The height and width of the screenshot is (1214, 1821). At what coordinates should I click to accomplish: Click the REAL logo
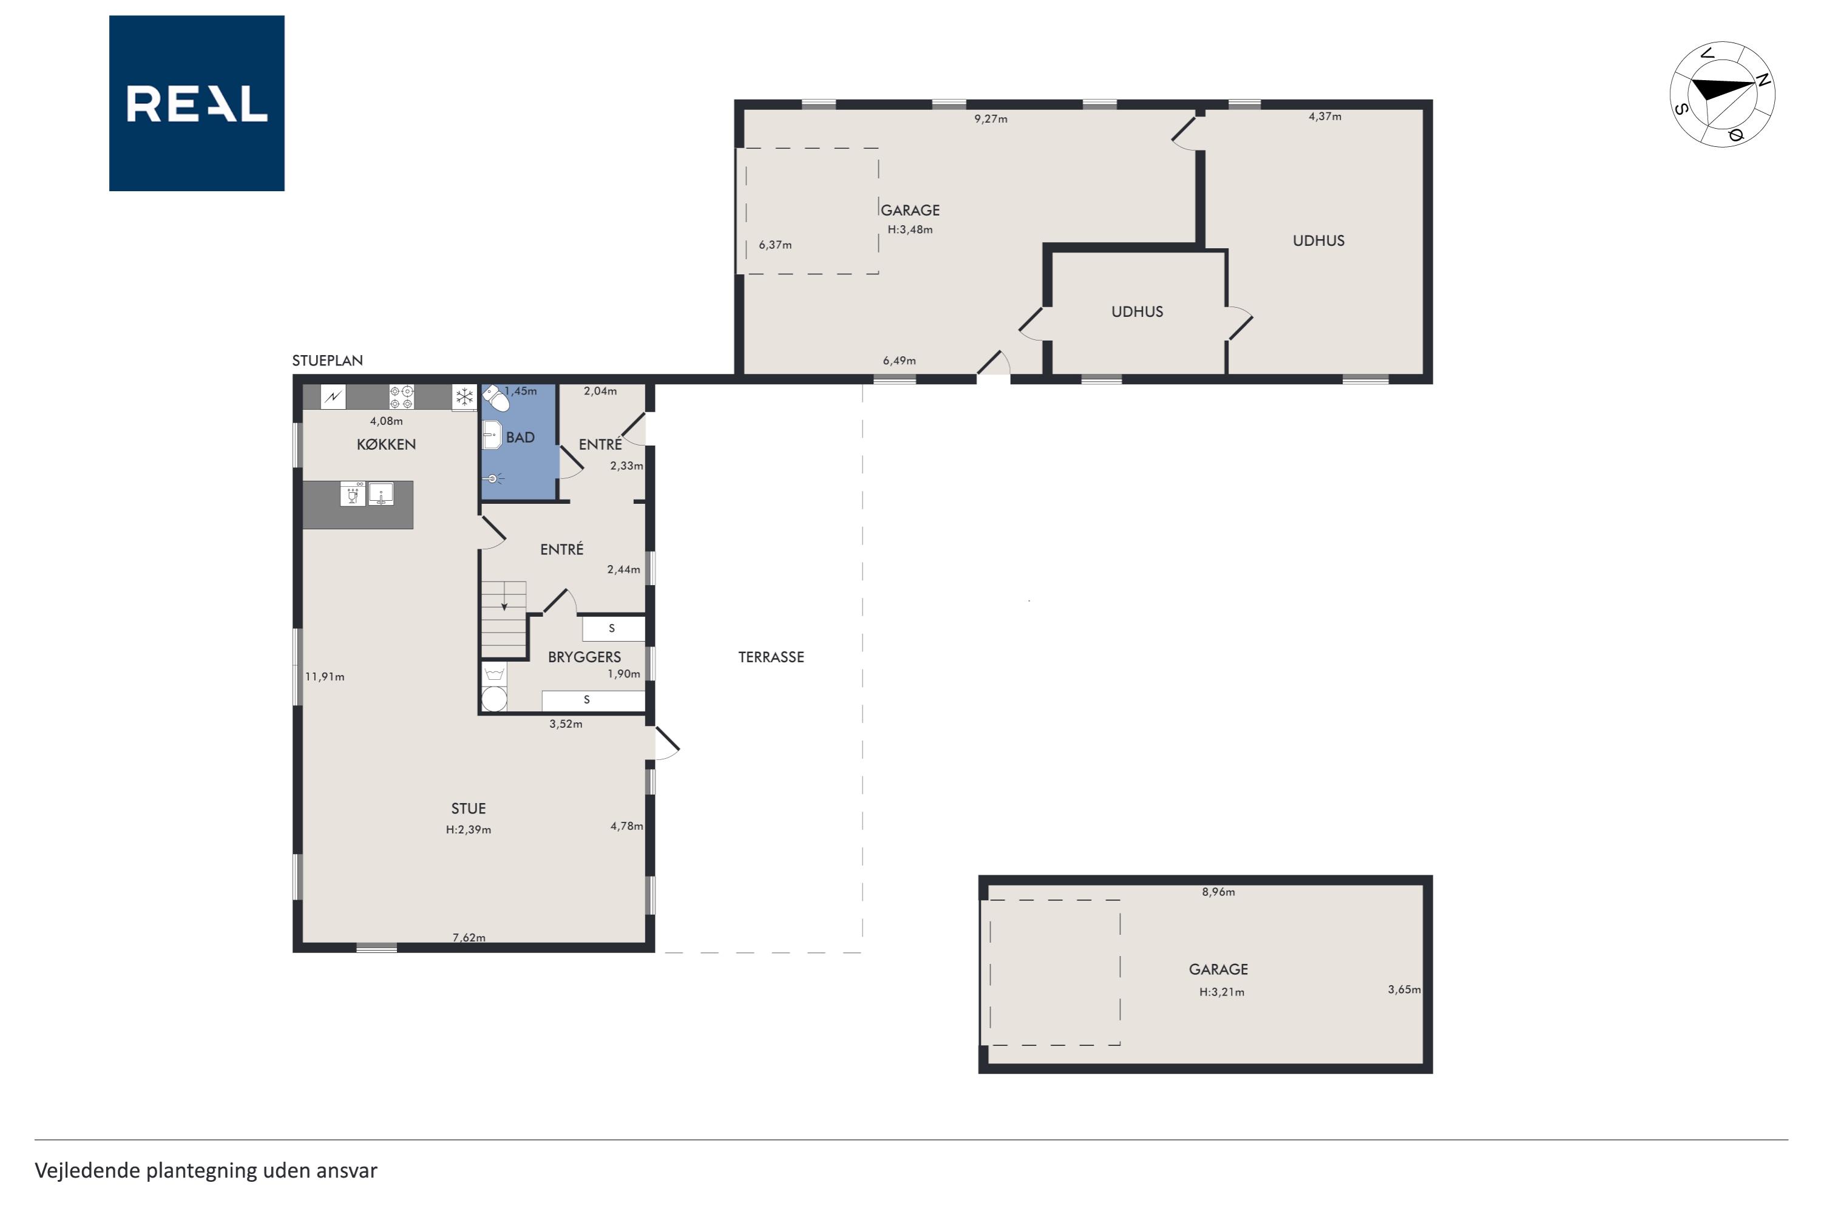[x=197, y=103]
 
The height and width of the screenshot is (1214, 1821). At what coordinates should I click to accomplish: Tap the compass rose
[x=1722, y=93]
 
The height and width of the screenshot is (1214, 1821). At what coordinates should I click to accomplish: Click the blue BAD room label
[x=520, y=438]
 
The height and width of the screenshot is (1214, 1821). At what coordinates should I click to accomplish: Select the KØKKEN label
[x=386, y=444]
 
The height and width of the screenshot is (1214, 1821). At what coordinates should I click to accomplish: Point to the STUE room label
[x=469, y=809]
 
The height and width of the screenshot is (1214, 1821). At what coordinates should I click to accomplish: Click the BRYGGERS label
[x=585, y=657]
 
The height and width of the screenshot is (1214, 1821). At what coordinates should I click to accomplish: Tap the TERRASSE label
[x=771, y=657]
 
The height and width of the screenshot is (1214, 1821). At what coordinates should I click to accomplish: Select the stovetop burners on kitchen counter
[x=401, y=397]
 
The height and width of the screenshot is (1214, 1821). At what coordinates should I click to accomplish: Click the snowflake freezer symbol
[x=464, y=397]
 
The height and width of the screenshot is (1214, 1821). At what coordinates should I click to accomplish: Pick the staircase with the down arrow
[x=504, y=619]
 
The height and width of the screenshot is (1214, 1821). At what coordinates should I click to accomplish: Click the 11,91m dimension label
[x=324, y=677]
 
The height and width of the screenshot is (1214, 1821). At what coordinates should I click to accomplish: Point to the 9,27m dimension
[x=991, y=119]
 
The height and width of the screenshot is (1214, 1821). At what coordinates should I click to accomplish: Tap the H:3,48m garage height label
[x=910, y=229]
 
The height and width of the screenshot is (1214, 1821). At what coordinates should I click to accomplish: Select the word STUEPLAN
[x=328, y=360]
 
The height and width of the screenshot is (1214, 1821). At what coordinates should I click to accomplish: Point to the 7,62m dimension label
[x=469, y=938]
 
